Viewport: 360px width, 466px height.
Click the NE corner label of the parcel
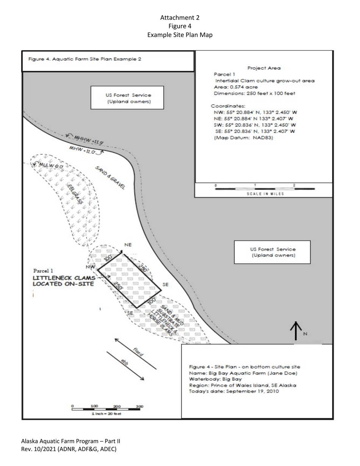pos(128,245)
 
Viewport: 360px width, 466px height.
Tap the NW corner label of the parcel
pos(90,267)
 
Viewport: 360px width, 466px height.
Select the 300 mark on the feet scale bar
pos(139,406)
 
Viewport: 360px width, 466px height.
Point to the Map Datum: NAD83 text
pos(243,138)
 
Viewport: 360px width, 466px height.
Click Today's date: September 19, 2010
pos(234,391)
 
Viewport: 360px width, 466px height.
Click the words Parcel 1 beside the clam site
pos(43,271)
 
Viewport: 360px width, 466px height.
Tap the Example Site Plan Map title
pos(180,34)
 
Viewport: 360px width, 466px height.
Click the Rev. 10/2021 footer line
pos(69,449)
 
